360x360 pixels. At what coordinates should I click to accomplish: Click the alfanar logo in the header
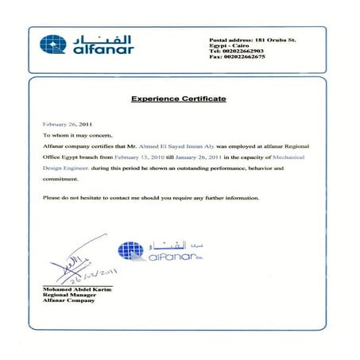tap(87, 45)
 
